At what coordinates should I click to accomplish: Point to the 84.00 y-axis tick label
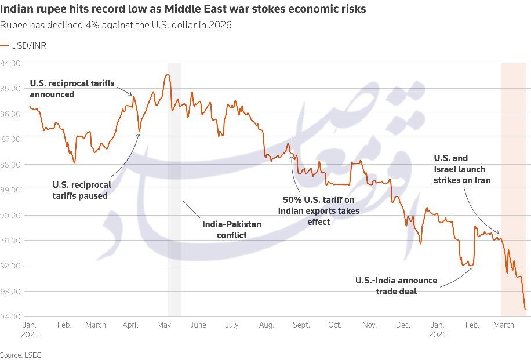pos(11,63)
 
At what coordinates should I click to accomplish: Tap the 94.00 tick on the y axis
pos(11,317)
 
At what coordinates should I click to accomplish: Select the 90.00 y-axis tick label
pos(11,215)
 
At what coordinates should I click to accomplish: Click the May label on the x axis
pos(163,325)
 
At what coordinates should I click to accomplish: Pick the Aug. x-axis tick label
pos(267,325)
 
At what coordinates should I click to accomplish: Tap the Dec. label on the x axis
pos(403,325)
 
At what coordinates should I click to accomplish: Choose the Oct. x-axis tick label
pos(334,325)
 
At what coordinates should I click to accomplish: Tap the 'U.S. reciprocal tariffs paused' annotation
pos(82,190)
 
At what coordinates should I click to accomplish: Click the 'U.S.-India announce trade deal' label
pos(396,286)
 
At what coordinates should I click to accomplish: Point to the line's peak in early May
pos(168,74)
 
